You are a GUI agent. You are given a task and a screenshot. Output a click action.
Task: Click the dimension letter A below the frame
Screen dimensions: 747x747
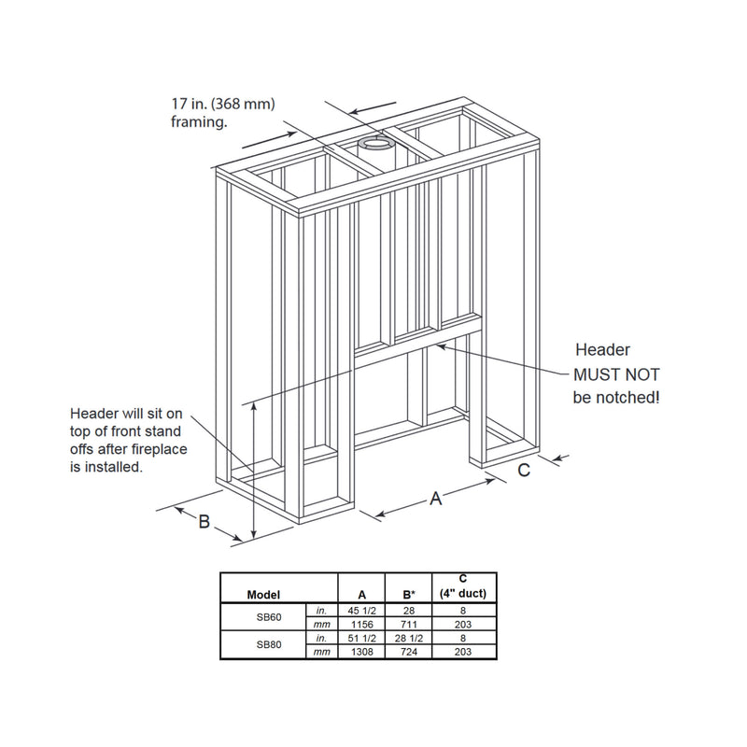[435, 499]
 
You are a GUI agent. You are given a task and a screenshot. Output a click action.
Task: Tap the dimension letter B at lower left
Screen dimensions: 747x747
[204, 521]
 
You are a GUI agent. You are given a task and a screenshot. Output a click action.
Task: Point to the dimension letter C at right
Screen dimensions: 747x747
[524, 471]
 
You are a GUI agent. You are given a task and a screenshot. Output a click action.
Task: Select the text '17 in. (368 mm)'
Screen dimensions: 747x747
[223, 105]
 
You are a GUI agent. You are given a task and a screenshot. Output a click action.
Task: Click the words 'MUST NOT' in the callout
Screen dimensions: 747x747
[616, 375]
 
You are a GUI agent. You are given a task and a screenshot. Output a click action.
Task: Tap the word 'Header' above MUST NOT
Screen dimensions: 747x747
[602, 350]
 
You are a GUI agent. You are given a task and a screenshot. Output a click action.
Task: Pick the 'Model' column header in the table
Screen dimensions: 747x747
[263, 595]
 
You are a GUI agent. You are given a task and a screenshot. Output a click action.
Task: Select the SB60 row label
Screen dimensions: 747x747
[269, 617]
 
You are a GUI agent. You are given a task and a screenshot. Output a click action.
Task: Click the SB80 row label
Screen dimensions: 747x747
[269, 645]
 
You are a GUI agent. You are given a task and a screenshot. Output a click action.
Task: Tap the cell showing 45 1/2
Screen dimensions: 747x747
[361, 611]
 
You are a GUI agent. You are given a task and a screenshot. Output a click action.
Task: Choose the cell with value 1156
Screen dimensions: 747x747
[361, 625]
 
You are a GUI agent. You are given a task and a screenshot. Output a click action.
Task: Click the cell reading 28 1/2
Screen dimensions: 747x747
[409, 639]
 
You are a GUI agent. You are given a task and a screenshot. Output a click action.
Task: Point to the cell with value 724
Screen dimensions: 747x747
[409, 652]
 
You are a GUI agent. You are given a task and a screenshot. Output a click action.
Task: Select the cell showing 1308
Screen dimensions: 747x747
[361, 652]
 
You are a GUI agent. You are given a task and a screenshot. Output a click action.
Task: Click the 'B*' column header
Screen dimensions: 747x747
[409, 595]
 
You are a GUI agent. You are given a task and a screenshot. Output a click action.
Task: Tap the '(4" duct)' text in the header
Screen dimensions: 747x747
[462, 594]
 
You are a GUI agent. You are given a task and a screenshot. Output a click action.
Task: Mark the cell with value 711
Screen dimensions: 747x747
[409, 625]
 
